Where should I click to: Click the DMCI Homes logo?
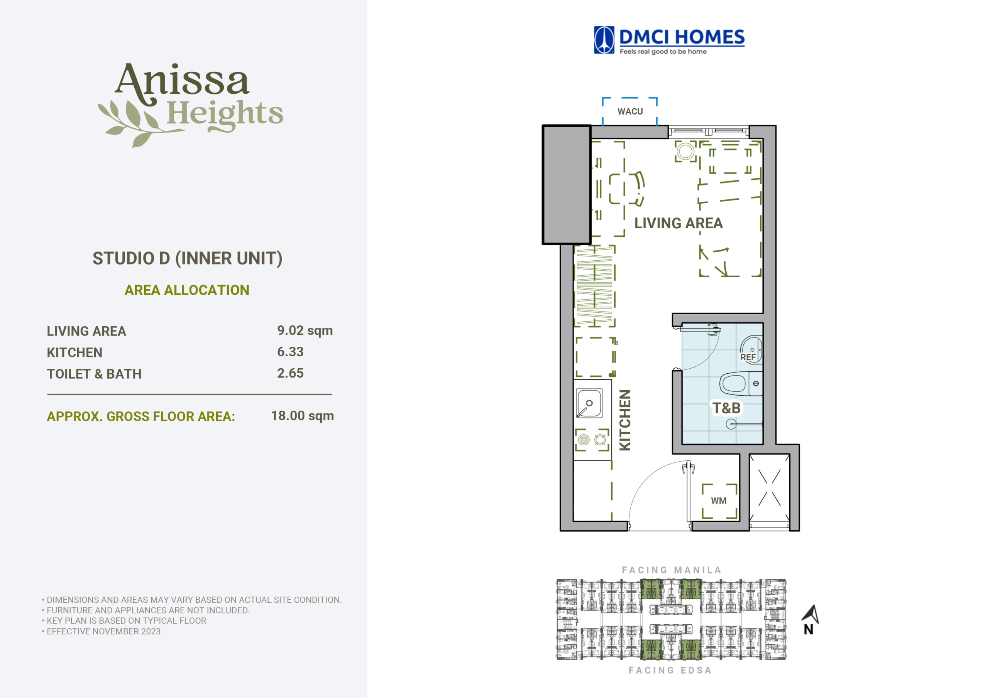pos(669,40)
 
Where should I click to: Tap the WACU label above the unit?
pos(630,111)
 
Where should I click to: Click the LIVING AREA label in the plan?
pos(678,223)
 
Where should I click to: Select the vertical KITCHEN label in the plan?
pos(625,420)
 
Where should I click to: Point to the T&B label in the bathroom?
pos(726,408)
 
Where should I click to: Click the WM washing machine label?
pos(719,501)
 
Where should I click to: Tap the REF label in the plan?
pos(748,357)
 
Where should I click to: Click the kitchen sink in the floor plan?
pos(589,403)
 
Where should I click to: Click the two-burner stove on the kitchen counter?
pos(592,440)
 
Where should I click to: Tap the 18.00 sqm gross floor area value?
pos(303,415)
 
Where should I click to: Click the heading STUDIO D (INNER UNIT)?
pos(188,258)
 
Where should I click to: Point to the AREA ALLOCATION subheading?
pos(187,290)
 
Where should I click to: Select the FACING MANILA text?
pos(671,570)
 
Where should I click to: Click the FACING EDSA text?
pos(670,670)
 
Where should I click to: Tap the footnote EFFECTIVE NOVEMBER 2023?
pos(104,631)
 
